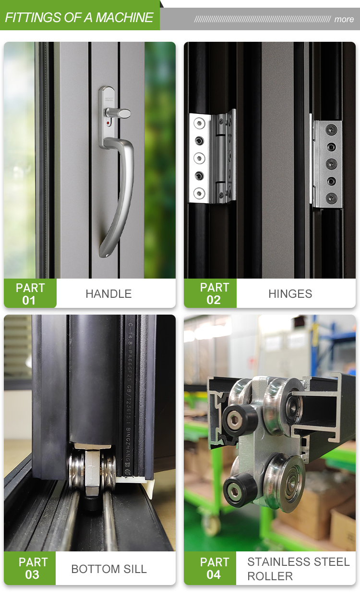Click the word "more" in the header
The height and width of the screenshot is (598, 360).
click(344, 19)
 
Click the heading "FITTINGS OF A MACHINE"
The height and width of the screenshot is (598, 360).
click(79, 18)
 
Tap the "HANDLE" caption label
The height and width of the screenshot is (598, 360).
click(108, 293)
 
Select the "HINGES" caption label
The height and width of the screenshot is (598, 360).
click(290, 293)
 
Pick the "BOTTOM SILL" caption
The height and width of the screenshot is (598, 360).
click(109, 569)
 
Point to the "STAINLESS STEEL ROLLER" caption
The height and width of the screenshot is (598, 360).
click(298, 569)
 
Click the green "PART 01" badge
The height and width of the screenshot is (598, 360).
click(30, 293)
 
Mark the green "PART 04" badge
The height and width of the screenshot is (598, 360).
click(214, 568)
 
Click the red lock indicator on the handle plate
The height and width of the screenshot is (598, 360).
click(108, 122)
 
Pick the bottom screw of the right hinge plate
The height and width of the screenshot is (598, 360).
click(332, 197)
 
